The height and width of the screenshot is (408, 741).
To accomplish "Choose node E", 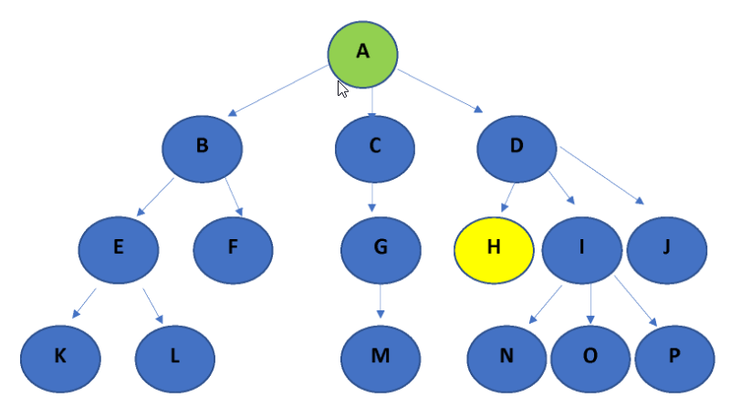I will click(119, 248).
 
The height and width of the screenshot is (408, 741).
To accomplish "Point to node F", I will click(233, 248).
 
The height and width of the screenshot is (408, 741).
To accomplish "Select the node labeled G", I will click(381, 248).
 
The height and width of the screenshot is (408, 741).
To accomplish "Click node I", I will click(582, 248).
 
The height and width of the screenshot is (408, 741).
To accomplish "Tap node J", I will click(667, 248).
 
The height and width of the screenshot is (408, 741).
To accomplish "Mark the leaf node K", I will click(60, 356).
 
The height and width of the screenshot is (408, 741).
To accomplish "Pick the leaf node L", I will click(174, 356).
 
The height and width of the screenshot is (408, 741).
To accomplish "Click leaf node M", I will click(381, 356).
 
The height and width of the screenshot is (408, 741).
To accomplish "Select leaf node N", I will click(506, 356).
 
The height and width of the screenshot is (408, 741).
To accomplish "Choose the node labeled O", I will click(590, 356).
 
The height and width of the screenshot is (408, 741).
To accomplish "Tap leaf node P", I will click(674, 356).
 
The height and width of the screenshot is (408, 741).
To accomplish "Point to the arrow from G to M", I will click(381, 301).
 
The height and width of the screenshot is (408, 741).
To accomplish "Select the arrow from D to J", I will click(603, 174).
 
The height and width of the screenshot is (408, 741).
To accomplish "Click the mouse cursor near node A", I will click(342, 89).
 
